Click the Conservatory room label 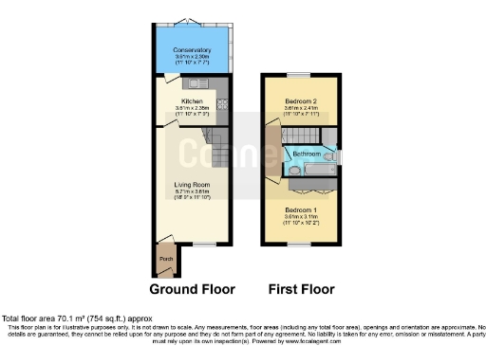[x=191, y=49]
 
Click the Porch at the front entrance [x=165, y=257]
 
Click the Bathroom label [x=306, y=154]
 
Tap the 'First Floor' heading [x=298, y=289]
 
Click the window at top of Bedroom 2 [x=299, y=75]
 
